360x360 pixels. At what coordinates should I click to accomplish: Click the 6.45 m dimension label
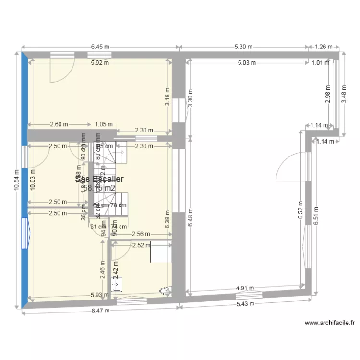(x=100, y=47)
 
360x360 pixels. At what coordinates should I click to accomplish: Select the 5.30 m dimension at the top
(x=243, y=47)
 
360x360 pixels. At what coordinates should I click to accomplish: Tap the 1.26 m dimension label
(x=324, y=47)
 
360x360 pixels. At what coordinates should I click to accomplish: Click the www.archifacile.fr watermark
(x=329, y=323)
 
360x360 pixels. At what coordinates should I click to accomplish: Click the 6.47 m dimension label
(x=101, y=310)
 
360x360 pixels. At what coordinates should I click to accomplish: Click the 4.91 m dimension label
(x=245, y=288)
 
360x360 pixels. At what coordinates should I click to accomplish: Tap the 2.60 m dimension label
(x=59, y=124)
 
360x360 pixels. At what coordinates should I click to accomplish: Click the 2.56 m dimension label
(x=141, y=234)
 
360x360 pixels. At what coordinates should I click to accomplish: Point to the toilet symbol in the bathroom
(x=165, y=291)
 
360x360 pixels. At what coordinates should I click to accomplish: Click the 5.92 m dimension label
(x=99, y=62)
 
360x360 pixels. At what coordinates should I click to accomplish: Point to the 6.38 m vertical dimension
(x=168, y=220)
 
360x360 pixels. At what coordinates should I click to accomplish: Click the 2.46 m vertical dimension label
(x=102, y=269)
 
